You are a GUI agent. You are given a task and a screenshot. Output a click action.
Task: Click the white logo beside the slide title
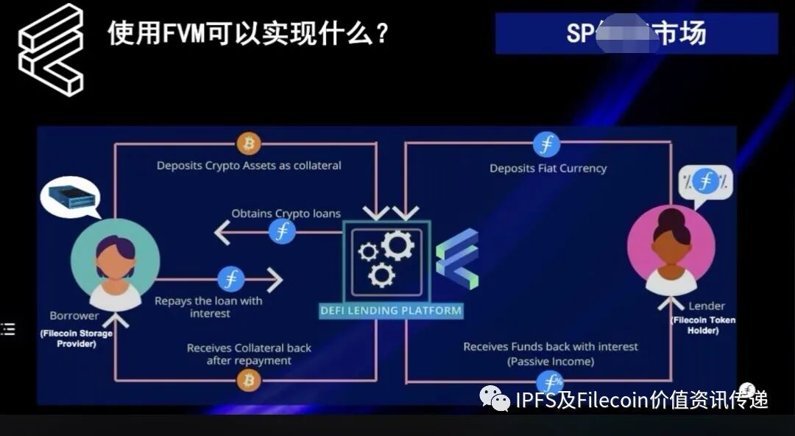coord(51,49)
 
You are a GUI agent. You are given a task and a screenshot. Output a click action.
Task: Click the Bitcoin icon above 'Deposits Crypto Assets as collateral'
coord(248,143)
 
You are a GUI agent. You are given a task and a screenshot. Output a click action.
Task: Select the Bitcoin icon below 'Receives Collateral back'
coord(248,380)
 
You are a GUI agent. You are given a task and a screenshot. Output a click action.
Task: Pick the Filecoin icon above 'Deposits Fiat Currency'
coord(546,144)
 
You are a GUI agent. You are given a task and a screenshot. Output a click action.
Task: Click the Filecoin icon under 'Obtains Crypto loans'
coord(281,232)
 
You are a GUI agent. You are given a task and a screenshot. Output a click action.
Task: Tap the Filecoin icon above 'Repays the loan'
coord(230,280)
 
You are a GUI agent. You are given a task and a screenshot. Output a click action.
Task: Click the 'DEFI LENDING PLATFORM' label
coord(391,311)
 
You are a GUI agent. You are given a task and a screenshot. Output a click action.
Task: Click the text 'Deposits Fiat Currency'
coord(548,169)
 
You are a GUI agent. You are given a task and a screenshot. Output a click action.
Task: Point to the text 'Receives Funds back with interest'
coord(551,346)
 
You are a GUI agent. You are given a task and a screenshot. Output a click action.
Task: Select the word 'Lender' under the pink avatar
coord(707,306)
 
